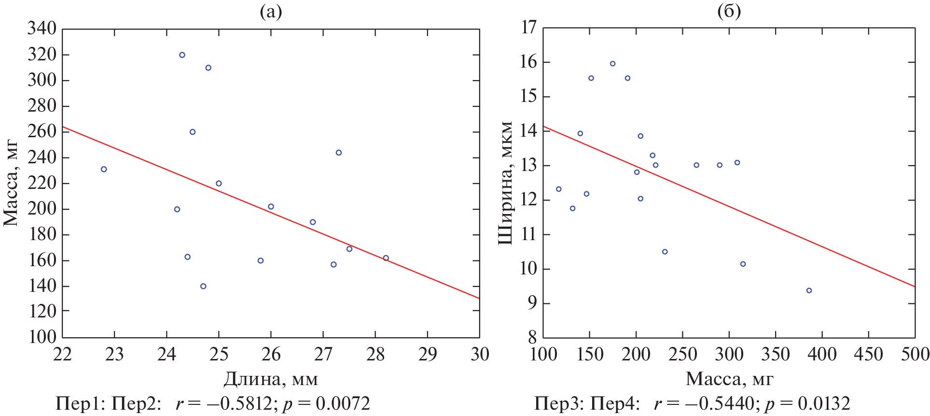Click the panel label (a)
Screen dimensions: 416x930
tap(271, 12)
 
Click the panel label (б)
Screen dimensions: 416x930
tap(729, 12)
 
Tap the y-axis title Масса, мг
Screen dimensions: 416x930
tap(11, 183)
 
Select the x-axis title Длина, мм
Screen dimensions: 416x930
tap(271, 379)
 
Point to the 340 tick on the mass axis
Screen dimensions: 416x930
tap(42, 29)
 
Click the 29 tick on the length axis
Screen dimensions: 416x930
tap(428, 354)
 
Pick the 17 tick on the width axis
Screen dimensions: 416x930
tap(529, 28)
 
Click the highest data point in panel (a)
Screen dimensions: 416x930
tap(182, 55)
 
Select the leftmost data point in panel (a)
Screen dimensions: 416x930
tap(104, 169)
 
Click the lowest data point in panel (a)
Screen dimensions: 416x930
tap(203, 287)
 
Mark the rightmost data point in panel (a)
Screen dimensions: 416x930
tap(386, 258)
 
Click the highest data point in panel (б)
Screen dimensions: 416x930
tap(612, 64)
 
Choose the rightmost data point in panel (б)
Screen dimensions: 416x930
tap(809, 290)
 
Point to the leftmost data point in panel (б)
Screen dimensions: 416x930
tap(558, 189)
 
